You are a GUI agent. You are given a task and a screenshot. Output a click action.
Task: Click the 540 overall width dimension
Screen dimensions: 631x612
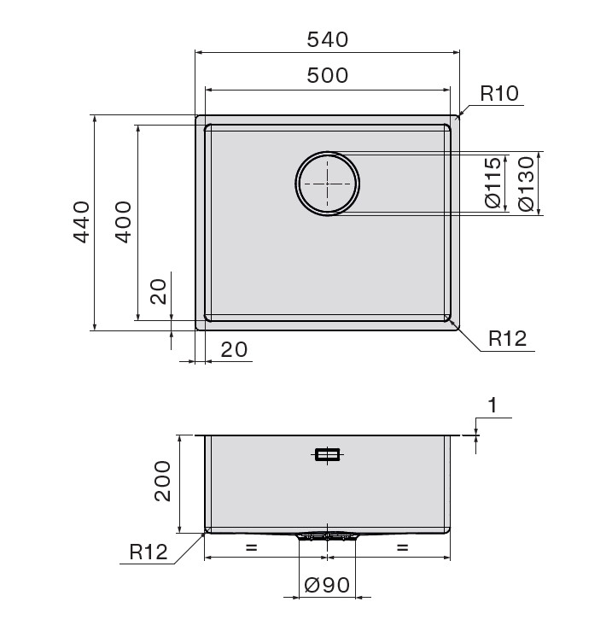(327, 39)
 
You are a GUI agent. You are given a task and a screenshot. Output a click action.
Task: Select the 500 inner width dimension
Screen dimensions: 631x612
(327, 75)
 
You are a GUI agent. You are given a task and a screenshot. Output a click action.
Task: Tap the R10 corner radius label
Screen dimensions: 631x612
(499, 94)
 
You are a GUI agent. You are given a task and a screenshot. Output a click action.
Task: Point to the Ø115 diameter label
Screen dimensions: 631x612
(493, 183)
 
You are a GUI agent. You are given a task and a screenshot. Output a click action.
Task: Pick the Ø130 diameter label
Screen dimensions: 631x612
(527, 183)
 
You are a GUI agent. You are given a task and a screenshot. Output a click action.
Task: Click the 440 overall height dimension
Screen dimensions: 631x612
(81, 222)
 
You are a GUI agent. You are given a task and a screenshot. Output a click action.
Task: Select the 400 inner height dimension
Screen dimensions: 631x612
(123, 222)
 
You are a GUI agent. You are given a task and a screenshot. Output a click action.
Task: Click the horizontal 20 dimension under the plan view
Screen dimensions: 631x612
(234, 349)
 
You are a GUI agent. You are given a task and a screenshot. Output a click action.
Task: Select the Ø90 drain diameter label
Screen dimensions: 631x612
(327, 586)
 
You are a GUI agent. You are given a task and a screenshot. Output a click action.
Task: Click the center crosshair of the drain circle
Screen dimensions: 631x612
(327, 184)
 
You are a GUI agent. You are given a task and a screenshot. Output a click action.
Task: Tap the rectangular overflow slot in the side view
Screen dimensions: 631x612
(327, 455)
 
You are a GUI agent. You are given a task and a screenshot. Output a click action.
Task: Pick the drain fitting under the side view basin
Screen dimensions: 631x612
(327, 536)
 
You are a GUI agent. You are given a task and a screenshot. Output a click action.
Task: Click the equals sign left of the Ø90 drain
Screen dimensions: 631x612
(251, 548)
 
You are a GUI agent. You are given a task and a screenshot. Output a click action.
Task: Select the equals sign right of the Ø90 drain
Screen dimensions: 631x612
(402, 548)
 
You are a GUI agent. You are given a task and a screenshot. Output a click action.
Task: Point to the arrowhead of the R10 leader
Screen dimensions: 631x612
(462, 113)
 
